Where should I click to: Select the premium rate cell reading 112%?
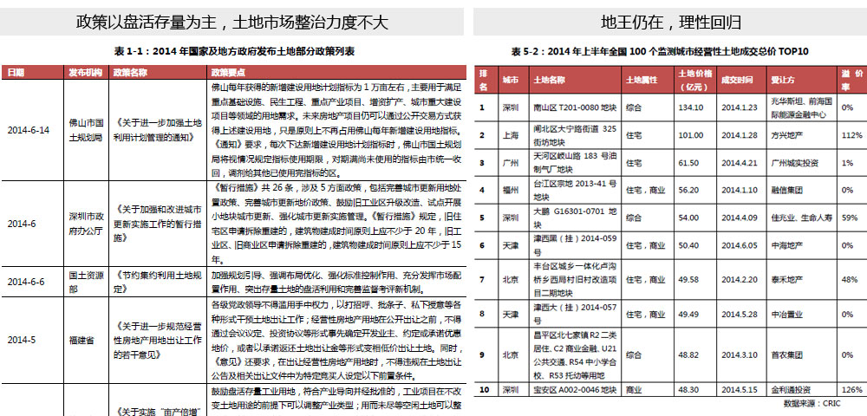click(x=851, y=136)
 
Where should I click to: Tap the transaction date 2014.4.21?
click(x=739, y=163)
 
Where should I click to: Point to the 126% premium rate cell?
click(x=851, y=390)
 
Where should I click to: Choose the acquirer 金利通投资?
click(x=791, y=390)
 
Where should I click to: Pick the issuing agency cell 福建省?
click(x=81, y=341)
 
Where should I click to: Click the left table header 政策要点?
click(x=226, y=71)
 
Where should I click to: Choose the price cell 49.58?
click(x=690, y=279)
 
